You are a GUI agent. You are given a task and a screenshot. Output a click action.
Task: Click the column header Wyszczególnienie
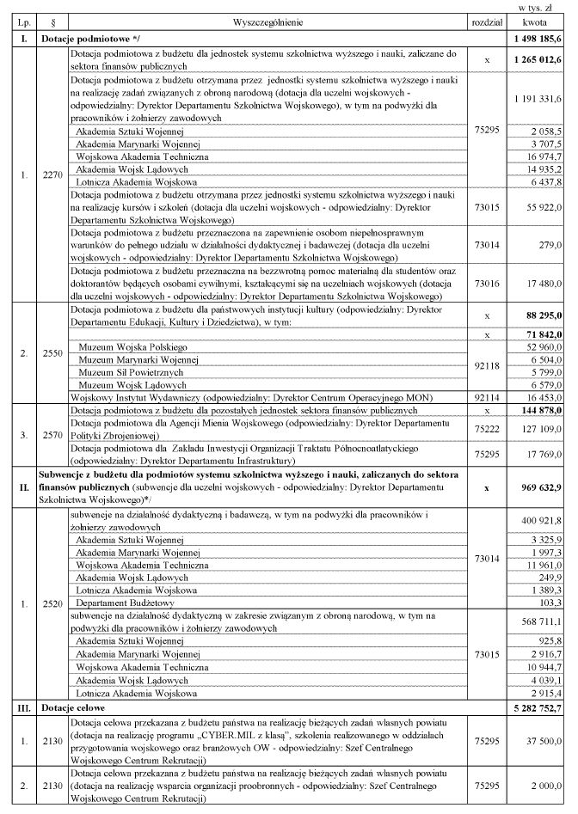[x=267, y=19]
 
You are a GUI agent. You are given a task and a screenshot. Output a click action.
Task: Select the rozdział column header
[x=487, y=19]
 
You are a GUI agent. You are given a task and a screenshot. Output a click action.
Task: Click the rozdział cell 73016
[x=487, y=281]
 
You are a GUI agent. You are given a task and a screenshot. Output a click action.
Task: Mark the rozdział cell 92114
[x=487, y=400]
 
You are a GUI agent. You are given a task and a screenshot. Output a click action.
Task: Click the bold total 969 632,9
[x=539, y=487]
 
